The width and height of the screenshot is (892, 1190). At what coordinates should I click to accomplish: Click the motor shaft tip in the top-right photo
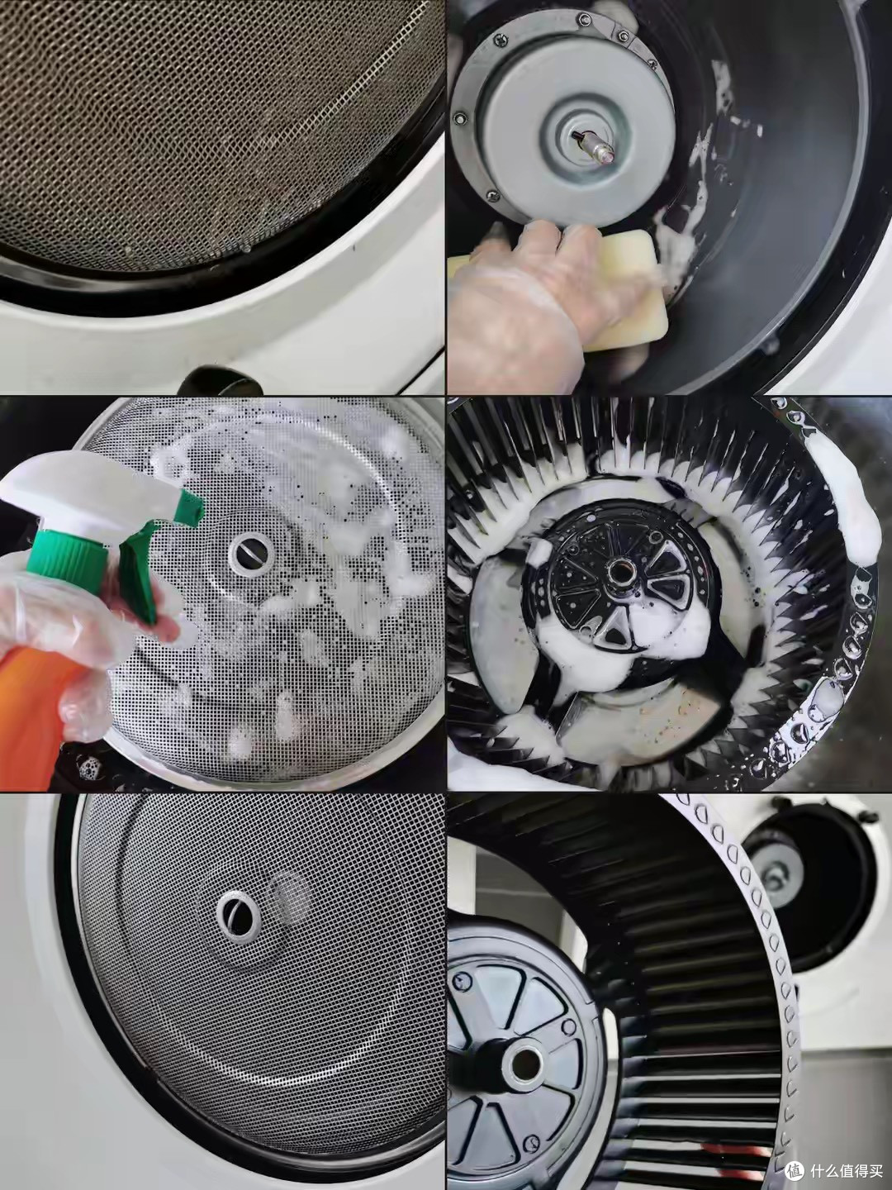606,157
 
